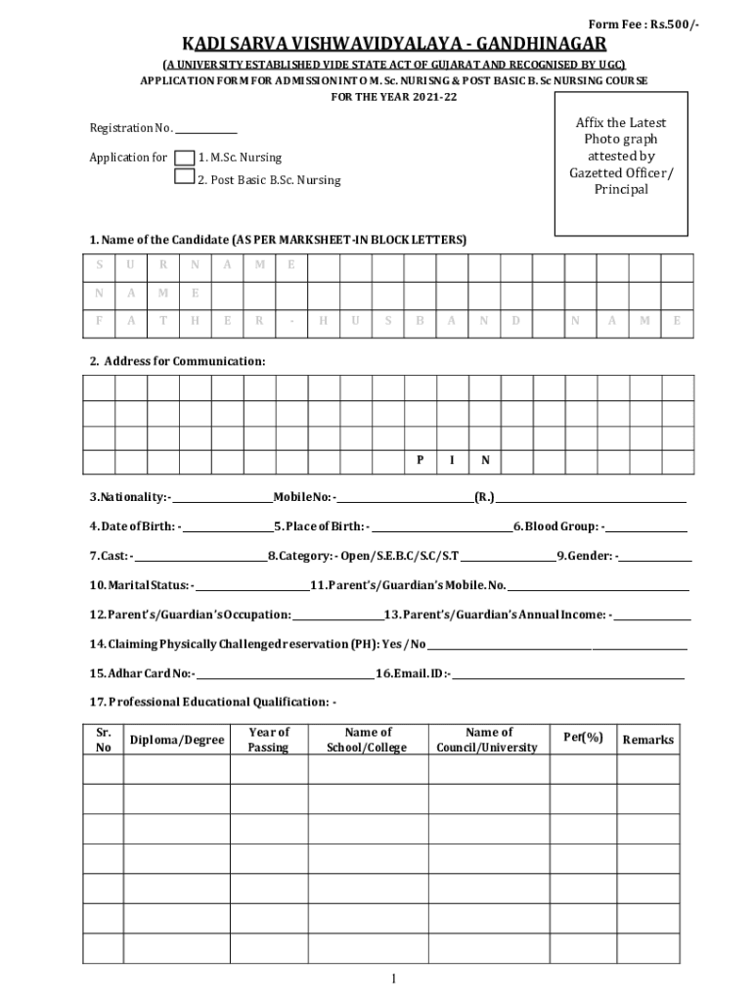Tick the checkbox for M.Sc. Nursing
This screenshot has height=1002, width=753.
tap(184, 158)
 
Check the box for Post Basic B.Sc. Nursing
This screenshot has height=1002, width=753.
tap(184, 177)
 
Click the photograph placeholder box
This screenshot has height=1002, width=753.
tap(621, 163)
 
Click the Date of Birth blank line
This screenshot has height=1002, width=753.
tap(227, 529)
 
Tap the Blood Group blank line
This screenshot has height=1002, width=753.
tap(646, 529)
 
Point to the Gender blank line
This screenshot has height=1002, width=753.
tap(655, 559)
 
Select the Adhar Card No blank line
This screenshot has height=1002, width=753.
tap(285, 675)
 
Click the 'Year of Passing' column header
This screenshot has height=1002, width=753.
tap(269, 740)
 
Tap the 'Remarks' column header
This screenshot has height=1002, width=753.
tap(648, 740)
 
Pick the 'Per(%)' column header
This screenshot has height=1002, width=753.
tap(584, 737)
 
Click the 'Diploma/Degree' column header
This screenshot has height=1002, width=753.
tap(177, 740)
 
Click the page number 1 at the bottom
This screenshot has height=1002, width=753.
tap(392, 979)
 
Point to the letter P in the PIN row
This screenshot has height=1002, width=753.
tap(421, 460)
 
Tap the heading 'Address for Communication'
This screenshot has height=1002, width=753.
tap(177, 362)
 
